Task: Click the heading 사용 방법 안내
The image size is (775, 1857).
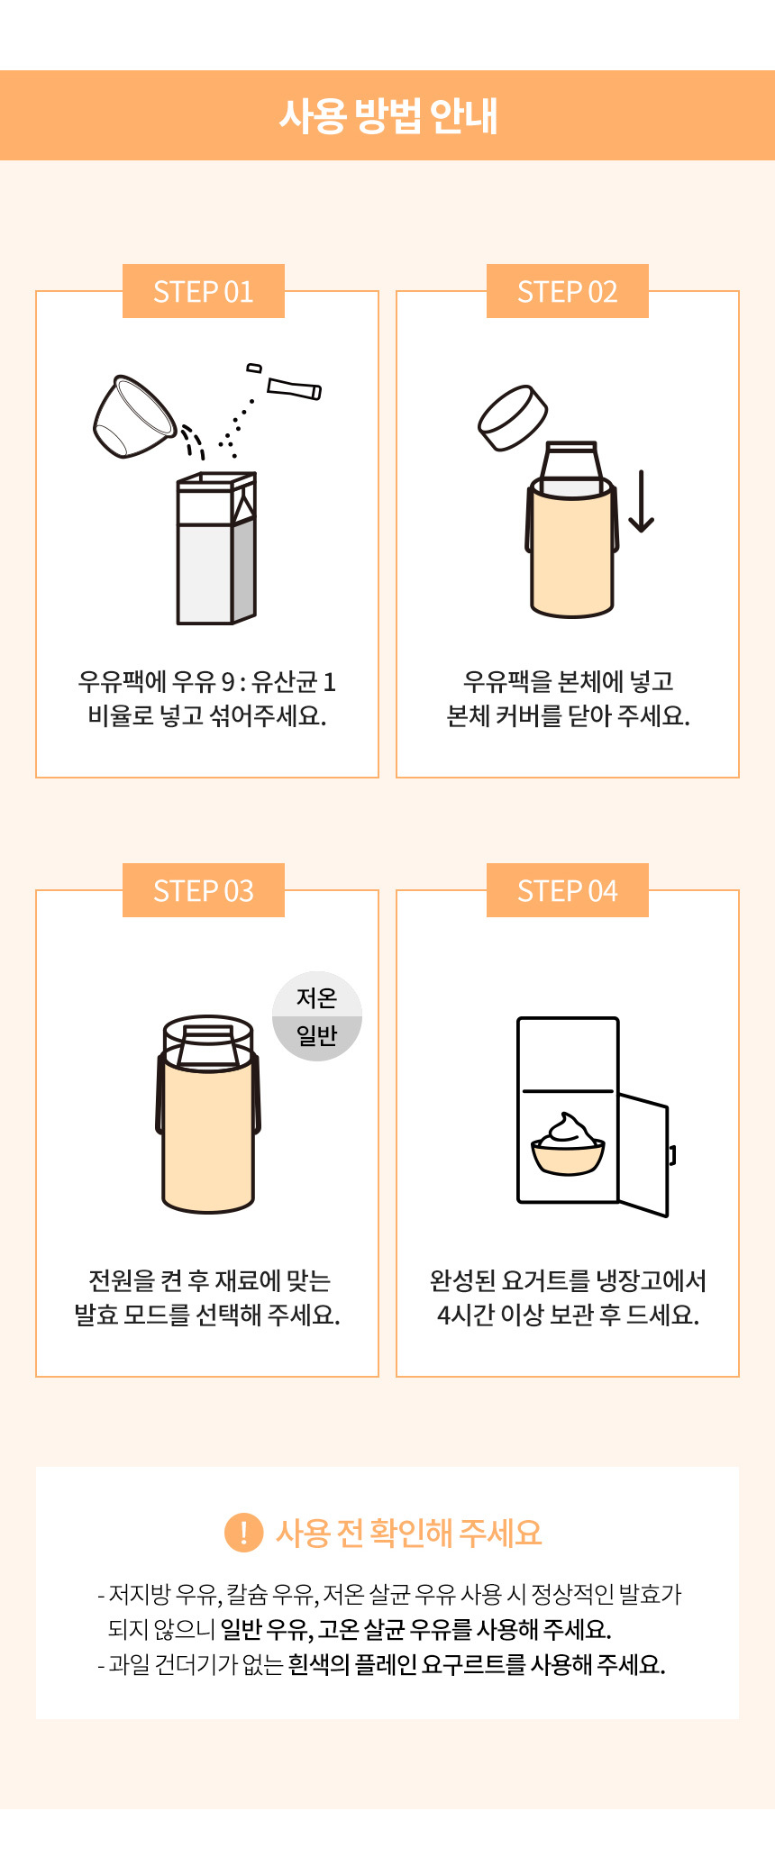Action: [387, 115]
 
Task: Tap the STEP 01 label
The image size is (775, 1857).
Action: [204, 291]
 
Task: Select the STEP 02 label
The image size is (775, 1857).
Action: [568, 291]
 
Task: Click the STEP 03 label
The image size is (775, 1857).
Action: [204, 890]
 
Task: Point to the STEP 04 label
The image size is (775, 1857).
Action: [568, 890]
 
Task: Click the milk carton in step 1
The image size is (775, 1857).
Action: [216, 548]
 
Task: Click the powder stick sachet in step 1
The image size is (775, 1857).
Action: [294, 388]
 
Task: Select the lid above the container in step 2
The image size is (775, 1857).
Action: [513, 417]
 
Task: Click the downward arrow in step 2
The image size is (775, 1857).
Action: [641, 501]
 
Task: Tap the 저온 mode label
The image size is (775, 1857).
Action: [317, 997]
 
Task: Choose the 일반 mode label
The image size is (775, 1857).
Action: [317, 1035]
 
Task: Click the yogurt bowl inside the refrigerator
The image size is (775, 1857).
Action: [568, 1145]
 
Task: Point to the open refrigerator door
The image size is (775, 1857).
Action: [643, 1155]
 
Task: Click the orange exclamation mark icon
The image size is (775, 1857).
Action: [243, 1532]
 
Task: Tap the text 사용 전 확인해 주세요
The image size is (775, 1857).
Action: [409, 1532]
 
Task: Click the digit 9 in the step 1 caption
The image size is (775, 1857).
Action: [228, 682]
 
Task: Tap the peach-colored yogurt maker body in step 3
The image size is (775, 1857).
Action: [208, 1135]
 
